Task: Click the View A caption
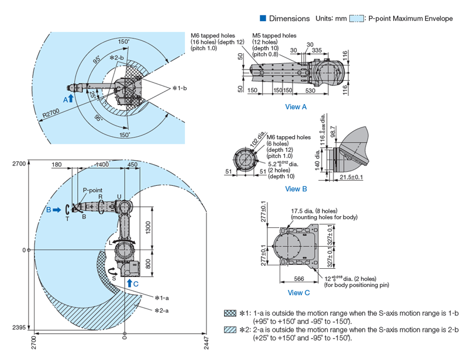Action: point(295,106)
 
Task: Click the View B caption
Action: point(295,189)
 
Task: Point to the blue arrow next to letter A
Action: point(71,98)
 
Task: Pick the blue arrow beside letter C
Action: point(129,283)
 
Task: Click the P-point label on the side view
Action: point(92,190)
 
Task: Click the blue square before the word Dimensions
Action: point(263,19)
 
